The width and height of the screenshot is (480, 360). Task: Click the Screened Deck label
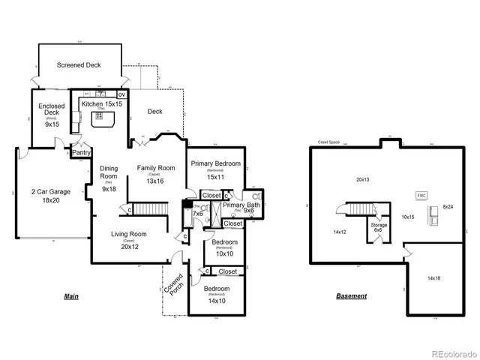pyautogui.click(x=79, y=65)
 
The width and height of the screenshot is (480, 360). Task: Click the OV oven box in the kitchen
pyautogui.click(x=121, y=95)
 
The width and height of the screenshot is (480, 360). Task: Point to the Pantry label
pyautogui.click(x=81, y=153)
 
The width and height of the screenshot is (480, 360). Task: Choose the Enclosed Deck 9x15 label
pyautogui.click(x=51, y=115)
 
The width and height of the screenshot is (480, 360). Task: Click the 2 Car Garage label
pyautogui.click(x=51, y=196)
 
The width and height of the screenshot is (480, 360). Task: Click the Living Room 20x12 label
pyautogui.click(x=128, y=240)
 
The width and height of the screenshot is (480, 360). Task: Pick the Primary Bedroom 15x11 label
pyautogui.click(x=215, y=169)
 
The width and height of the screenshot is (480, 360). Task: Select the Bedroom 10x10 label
pyautogui.click(x=224, y=247)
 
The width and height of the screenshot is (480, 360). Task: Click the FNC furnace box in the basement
pyautogui.click(x=421, y=195)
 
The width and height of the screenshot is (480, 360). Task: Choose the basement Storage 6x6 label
pyautogui.click(x=379, y=226)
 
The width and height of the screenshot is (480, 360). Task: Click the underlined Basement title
pyautogui.click(x=351, y=296)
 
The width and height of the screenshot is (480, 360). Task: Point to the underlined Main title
pyautogui.click(x=71, y=296)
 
